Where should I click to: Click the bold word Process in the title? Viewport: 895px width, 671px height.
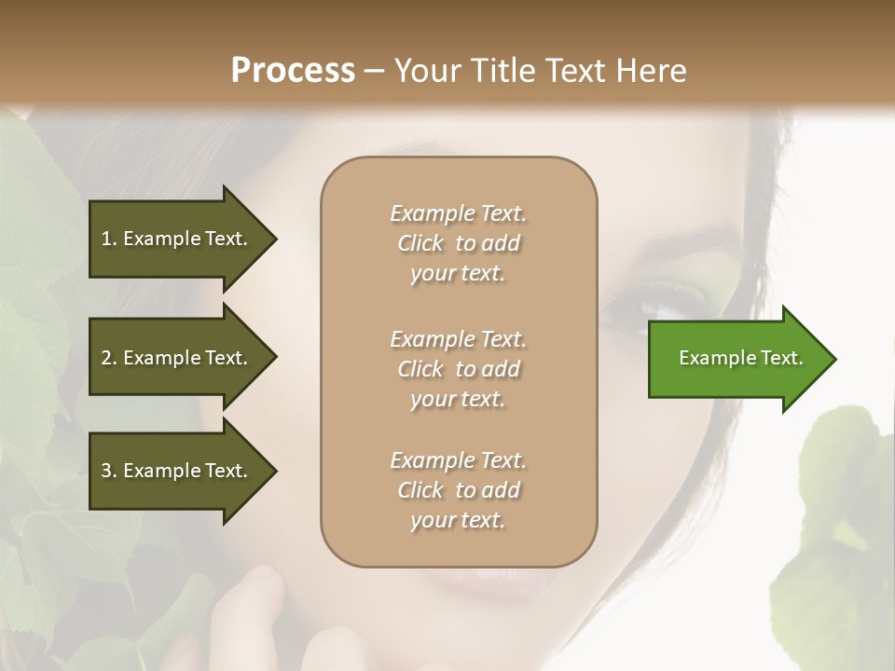pyautogui.click(x=293, y=71)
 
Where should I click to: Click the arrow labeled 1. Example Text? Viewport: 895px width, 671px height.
pyautogui.click(x=177, y=239)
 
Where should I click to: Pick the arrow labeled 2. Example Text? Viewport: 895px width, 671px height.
pyautogui.click(x=177, y=358)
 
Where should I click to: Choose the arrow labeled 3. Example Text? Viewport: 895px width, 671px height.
pyautogui.click(x=177, y=471)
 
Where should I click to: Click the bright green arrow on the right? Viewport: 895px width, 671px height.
pyautogui.click(x=737, y=359)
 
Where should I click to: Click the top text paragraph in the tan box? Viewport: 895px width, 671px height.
pyautogui.click(x=458, y=243)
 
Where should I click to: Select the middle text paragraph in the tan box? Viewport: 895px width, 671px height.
pyautogui.click(x=458, y=369)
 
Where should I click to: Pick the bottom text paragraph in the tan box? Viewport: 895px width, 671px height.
pyautogui.click(x=458, y=490)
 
